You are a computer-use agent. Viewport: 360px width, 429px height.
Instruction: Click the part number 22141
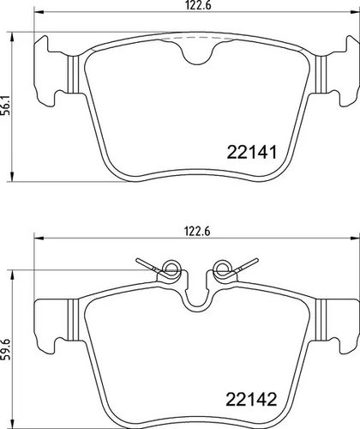pos(252,152)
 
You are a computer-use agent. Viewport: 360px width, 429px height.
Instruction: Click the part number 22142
pos(251,399)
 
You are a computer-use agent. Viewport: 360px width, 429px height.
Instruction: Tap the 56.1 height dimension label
pos(8,106)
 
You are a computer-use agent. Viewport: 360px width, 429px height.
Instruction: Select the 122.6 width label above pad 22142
pos(198,231)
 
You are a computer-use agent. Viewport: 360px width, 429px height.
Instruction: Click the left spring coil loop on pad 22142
pos(171,269)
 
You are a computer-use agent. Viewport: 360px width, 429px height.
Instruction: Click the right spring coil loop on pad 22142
pos(223,269)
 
